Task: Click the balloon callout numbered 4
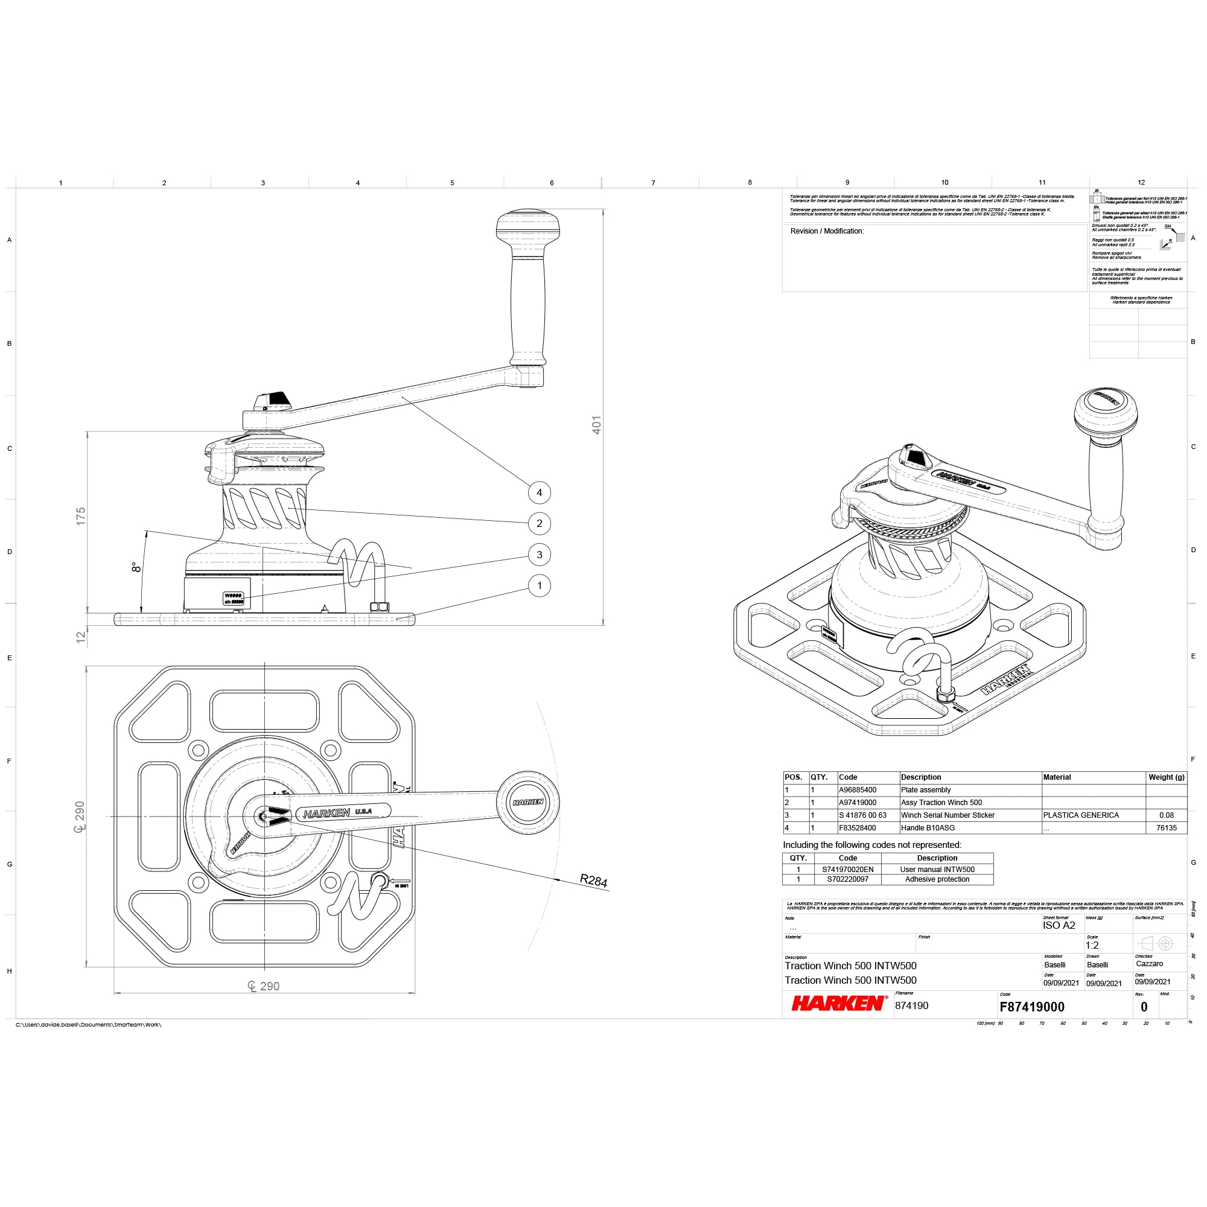539,492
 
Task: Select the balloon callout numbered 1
539,585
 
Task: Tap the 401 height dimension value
597,425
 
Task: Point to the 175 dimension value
81,516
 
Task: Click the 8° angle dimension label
135,567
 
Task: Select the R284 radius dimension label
593,881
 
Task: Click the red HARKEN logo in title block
838,1004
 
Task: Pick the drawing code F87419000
1031,1007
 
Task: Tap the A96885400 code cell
857,789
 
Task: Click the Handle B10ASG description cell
928,828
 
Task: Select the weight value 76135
1166,828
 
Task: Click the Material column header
1057,777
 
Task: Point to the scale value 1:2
1091,945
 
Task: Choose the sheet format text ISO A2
1059,925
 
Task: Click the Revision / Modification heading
827,231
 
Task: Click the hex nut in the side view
379,606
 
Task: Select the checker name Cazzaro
1149,964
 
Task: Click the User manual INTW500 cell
937,869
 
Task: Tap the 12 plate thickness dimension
81,637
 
